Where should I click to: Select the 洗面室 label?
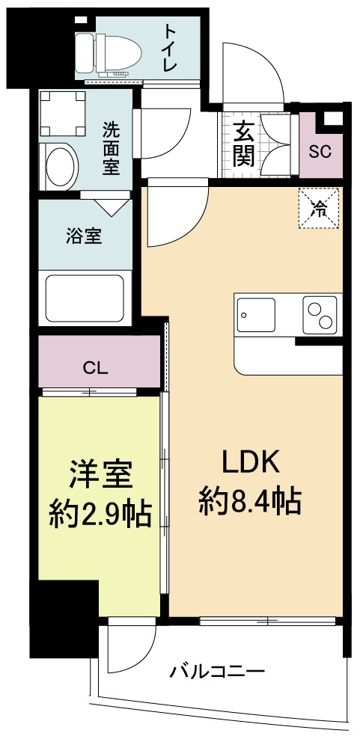(x=111, y=147)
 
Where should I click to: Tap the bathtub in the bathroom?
(x=85, y=298)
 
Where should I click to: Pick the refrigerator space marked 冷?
(x=318, y=208)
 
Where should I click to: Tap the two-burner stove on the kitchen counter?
(x=319, y=314)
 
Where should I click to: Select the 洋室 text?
(x=100, y=474)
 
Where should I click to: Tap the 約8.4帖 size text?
(x=250, y=500)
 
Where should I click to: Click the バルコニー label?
(x=216, y=671)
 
